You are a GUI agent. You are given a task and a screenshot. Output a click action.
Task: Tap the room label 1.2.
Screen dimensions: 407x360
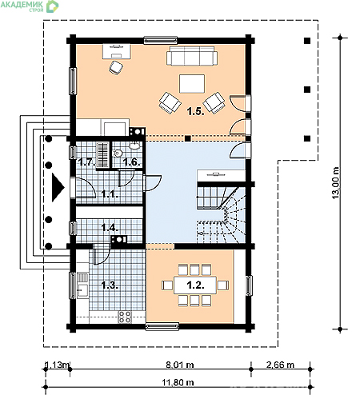click(194, 283)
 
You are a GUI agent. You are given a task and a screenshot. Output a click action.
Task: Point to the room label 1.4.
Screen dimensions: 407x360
click(110, 228)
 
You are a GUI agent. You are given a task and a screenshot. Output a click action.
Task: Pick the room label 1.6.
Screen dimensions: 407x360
click(130, 162)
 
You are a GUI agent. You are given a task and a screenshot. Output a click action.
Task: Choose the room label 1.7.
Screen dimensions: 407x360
click(86, 162)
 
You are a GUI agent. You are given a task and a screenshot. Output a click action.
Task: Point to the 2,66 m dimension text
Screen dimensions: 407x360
click(279, 365)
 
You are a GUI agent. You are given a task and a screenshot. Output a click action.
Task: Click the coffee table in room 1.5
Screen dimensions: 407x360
click(191, 84)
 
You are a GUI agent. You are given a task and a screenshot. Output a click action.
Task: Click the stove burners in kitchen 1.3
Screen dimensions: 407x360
click(124, 317)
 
